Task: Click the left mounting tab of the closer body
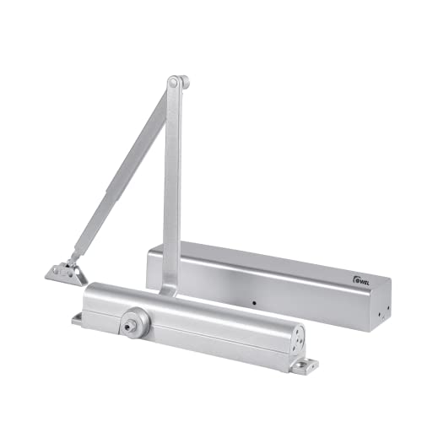77,319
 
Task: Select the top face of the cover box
262,255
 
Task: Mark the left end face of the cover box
151,266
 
